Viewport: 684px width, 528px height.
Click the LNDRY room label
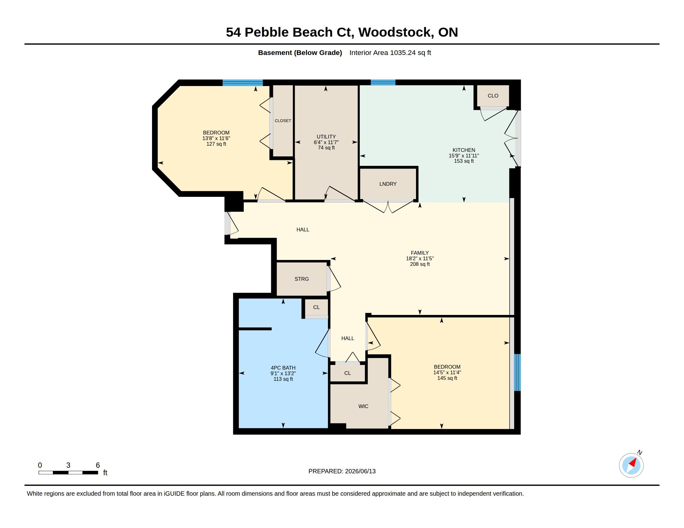388,184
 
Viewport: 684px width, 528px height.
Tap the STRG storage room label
302,279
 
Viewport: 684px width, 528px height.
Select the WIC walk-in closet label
363,406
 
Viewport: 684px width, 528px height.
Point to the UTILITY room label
326,137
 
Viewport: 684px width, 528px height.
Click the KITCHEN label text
464,150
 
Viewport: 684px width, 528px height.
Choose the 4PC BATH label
283,368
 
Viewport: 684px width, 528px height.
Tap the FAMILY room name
420,253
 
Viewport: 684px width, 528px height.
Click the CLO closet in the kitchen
493,96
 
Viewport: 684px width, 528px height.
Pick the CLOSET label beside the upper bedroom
283,121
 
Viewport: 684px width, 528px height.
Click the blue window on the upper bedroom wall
243,83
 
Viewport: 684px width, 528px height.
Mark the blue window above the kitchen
383,83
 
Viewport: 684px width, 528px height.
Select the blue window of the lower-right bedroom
517,372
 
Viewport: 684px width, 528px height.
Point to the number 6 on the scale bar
98,465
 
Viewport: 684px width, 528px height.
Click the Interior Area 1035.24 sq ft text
390,52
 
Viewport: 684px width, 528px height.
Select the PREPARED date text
342,471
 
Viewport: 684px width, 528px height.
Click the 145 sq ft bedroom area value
447,378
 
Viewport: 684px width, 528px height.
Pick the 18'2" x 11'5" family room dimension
420,259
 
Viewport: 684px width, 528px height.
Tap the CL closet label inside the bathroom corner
316,307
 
